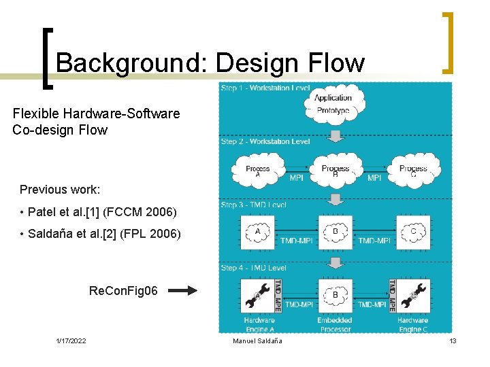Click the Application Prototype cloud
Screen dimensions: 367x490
333,105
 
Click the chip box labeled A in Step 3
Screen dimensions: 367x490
257,233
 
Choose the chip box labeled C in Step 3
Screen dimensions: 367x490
413,233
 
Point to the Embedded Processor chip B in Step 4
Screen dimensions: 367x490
335,296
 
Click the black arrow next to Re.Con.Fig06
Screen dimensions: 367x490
182,291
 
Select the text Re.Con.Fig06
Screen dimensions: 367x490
123,291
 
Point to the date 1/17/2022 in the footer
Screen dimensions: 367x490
71,340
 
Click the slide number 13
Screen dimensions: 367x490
453,340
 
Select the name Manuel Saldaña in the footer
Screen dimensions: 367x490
257,340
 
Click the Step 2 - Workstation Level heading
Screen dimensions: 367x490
265,142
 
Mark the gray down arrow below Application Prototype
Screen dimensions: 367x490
334,136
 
